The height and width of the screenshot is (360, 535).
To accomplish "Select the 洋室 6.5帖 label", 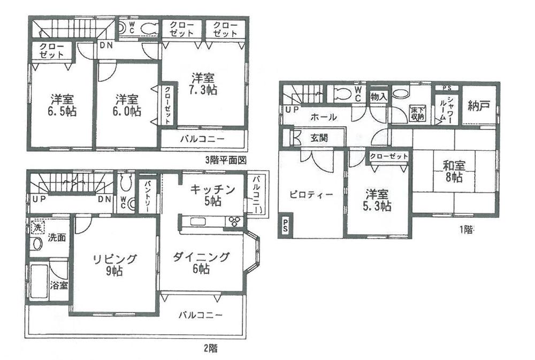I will [x=62, y=105].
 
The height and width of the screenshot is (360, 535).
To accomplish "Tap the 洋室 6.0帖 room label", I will [x=127, y=105].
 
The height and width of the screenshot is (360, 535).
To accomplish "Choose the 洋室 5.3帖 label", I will [x=378, y=200].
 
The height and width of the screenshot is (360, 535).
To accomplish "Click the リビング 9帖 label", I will [x=114, y=265].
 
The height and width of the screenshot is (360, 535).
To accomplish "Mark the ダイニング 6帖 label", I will [x=201, y=263].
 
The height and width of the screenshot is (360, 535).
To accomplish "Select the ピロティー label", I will [x=307, y=194].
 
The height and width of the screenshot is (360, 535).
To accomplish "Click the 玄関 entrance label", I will [x=319, y=137].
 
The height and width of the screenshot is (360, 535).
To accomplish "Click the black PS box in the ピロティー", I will [x=285, y=225].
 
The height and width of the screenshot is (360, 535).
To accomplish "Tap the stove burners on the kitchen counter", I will [x=234, y=221].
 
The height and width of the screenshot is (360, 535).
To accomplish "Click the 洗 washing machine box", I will [x=37, y=227].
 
